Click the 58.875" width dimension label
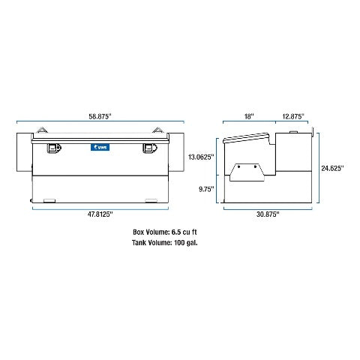pyautogui.click(x=100, y=116)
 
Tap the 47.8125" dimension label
pyautogui.click(x=100, y=214)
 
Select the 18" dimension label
pyautogui.click(x=249, y=116)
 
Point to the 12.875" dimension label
pyautogui.click(x=293, y=116)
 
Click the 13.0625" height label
pyautogui.click(x=201, y=157)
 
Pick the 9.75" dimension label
pyautogui.click(x=206, y=189)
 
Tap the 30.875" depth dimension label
pyautogui.click(x=268, y=214)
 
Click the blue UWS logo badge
pyautogui.click(x=100, y=147)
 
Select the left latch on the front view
pyautogui.click(x=54, y=148)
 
